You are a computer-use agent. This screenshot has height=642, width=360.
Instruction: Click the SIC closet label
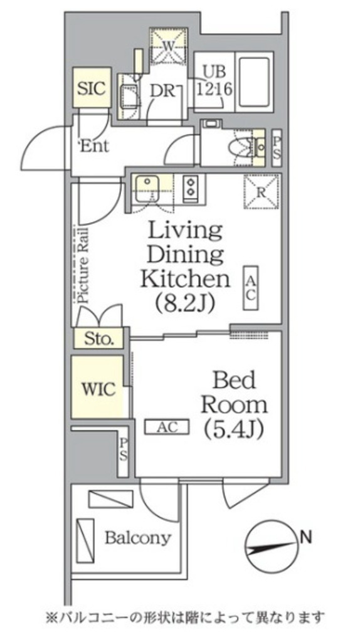(92, 88)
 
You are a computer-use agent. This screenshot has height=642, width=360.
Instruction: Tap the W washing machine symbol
(169, 46)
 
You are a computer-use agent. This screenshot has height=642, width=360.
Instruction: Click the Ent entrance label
(94, 146)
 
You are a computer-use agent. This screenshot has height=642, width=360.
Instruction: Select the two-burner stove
(191, 187)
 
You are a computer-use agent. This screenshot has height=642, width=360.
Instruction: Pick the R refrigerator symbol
(262, 192)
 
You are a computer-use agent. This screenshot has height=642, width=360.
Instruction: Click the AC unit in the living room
(251, 288)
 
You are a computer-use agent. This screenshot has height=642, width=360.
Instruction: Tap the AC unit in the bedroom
(167, 426)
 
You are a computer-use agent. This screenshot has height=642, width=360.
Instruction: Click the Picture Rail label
(83, 265)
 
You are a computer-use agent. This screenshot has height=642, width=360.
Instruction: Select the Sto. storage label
(98, 339)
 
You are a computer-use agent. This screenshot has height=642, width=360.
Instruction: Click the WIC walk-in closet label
(98, 389)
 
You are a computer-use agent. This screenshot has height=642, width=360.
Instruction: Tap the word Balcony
(137, 537)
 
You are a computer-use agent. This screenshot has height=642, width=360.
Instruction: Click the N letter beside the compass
(305, 535)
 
